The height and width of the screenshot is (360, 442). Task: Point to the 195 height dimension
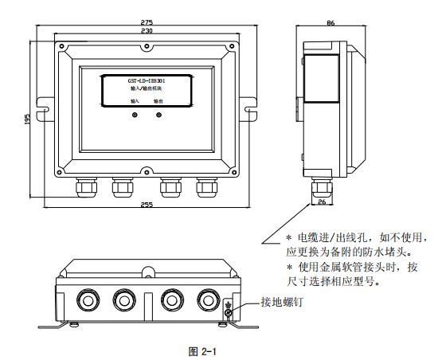(x=27, y=119)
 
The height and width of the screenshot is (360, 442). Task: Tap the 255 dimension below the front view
(x=146, y=205)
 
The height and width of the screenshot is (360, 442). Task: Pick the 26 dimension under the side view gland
(x=322, y=202)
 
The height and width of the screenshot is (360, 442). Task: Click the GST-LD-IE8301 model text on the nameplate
(x=146, y=81)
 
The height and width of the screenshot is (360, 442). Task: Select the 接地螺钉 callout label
(x=282, y=303)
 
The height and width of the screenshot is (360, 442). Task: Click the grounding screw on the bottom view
(x=228, y=313)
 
